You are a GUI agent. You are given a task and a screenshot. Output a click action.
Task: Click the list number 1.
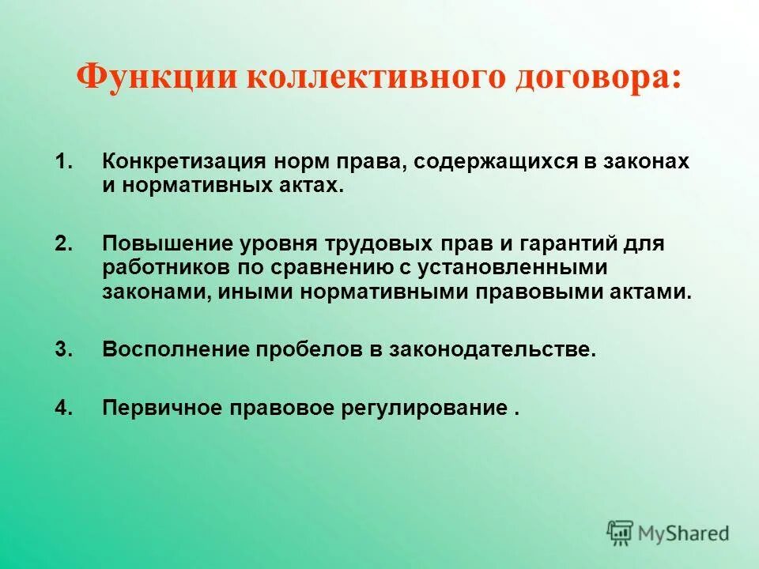click(x=64, y=162)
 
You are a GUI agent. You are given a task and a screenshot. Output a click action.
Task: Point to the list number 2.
click(x=64, y=243)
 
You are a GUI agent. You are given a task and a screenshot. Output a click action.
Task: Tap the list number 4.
click(x=64, y=408)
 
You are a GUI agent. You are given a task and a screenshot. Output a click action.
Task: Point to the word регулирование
click(x=424, y=408)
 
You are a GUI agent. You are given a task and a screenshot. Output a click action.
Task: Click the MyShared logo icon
click(x=621, y=532)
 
